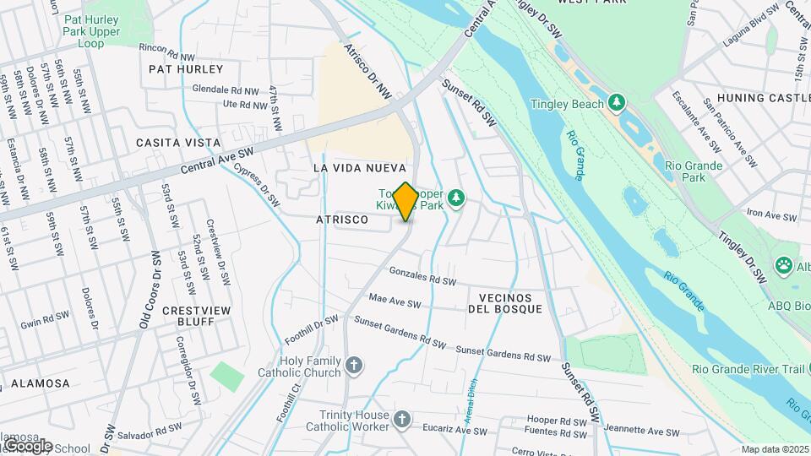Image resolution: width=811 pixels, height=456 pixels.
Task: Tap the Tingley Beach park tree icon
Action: [618, 103]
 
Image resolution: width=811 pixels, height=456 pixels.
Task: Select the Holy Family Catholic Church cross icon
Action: [355, 366]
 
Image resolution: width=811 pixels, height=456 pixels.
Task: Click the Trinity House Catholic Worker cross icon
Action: [403, 420]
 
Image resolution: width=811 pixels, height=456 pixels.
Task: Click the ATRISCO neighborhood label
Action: [341, 220]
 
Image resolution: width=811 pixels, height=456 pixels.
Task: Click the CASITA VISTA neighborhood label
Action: [178, 143]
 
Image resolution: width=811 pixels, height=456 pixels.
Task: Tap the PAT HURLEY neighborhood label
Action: [186, 68]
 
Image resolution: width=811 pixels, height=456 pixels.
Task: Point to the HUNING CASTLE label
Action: [763, 98]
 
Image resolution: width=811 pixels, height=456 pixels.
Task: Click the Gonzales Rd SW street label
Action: [422, 276]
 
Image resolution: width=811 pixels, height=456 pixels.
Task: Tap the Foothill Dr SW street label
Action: [313, 328]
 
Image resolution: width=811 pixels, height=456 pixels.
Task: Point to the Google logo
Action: [27, 445]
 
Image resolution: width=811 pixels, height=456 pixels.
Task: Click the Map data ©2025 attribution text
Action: [775, 449]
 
